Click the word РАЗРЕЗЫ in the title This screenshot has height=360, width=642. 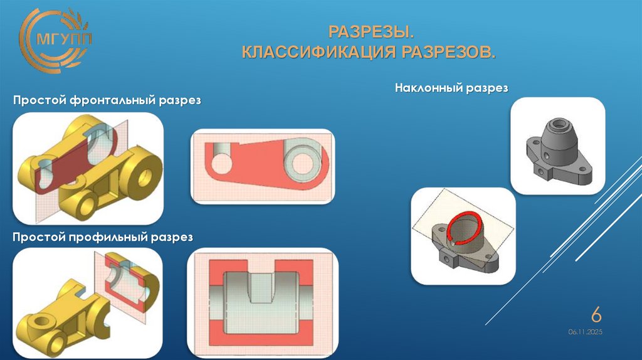coord(371,31)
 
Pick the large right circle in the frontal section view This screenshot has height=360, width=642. coord(300,157)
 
